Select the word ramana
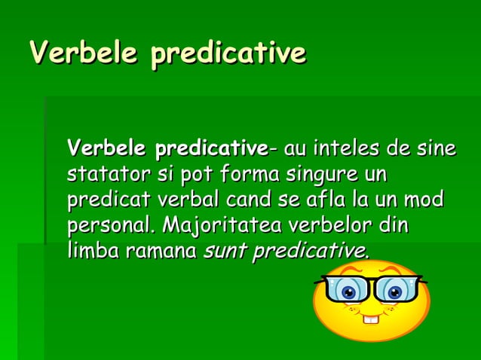click(x=161, y=252)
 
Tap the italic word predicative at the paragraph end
click(x=311, y=251)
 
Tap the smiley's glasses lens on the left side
click(x=348, y=291)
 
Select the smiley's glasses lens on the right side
click(x=395, y=291)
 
